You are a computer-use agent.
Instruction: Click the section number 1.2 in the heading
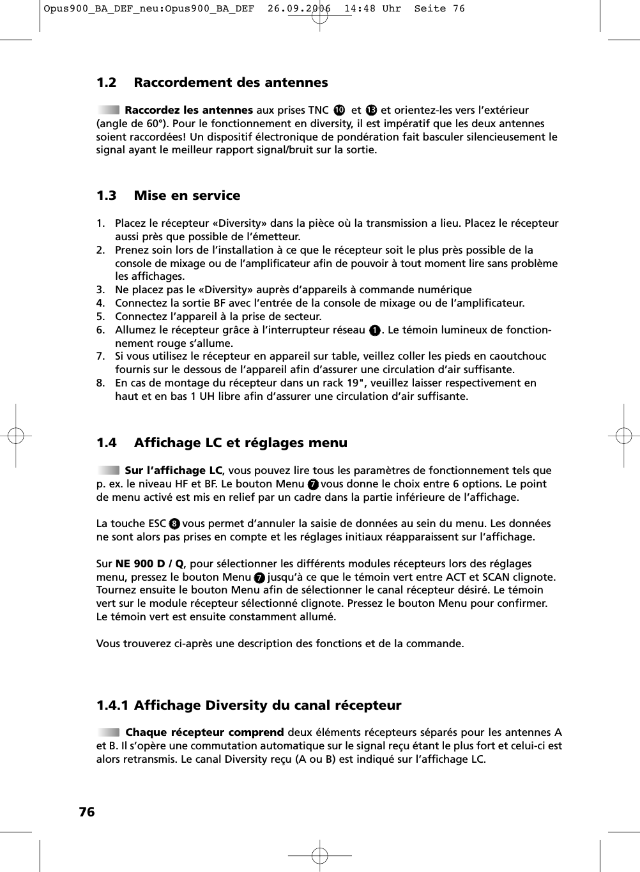tap(107, 82)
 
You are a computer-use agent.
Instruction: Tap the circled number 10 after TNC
tap(339, 111)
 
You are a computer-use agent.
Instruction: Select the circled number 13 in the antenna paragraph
tap(371, 111)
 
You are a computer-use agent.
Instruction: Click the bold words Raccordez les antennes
tap(188, 110)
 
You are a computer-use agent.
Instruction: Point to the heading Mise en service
tap(187, 195)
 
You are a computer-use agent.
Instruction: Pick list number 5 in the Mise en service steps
tap(100, 316)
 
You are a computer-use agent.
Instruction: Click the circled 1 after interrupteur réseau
tap(375, 330)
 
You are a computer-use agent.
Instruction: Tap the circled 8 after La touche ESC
tap(174, 524)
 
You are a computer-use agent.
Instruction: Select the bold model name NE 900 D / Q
tap(149, 563)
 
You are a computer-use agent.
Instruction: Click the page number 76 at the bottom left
tap(86, 812)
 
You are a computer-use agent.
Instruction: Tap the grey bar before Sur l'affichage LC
tap(109, 470)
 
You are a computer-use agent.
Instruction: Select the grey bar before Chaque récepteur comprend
tap(109, 732)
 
